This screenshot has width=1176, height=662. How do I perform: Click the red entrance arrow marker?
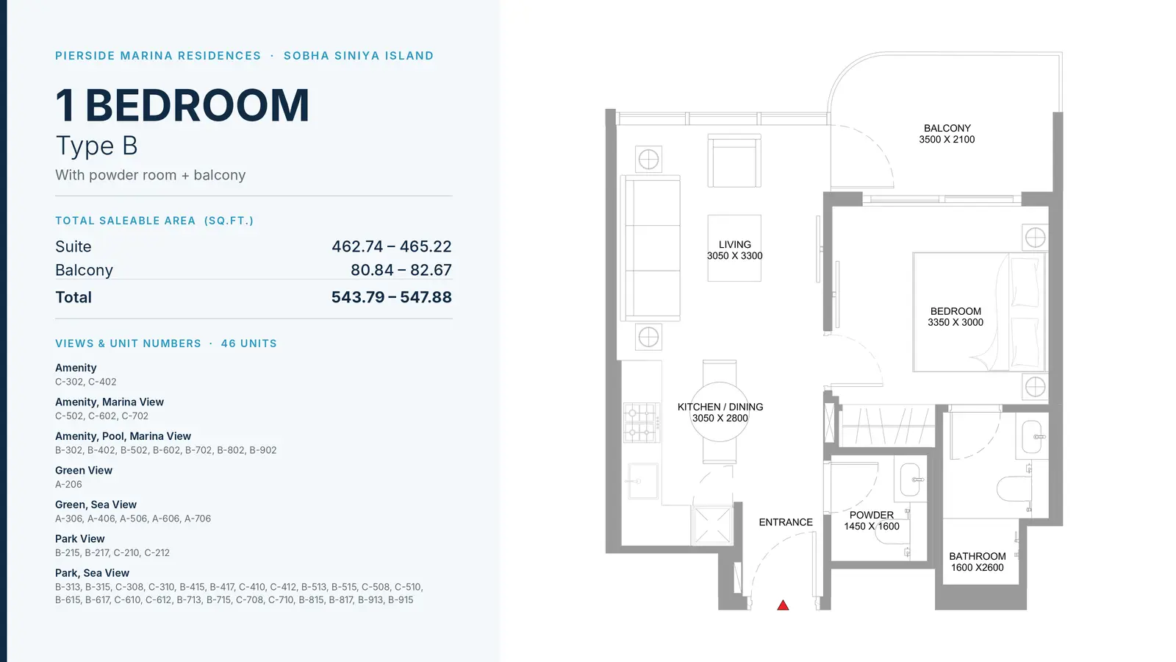(783, 605)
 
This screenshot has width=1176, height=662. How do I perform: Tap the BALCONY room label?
(947, 128)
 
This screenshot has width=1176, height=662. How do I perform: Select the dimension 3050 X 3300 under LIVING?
(734, 256)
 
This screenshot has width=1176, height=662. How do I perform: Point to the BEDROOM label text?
(955, 311)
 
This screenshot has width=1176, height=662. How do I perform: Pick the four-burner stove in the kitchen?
(642, 422)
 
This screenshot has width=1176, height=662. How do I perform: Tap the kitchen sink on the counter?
(642, 481)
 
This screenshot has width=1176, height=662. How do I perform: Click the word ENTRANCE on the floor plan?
(786, 522)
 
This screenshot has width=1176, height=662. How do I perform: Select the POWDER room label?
(872, 516)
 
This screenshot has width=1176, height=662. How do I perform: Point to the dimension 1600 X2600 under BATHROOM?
(977, 567)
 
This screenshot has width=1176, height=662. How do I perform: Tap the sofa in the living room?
(650, 248)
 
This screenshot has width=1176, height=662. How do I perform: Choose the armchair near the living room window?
(734, 160)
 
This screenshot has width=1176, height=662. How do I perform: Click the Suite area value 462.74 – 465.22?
(391, 246)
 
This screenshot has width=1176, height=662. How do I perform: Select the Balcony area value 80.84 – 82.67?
(401, 270)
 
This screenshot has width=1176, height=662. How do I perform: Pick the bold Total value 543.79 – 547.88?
(391, 297)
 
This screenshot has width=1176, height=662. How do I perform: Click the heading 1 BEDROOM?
(182, 105)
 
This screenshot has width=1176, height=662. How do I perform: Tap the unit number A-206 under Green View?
(68, 485)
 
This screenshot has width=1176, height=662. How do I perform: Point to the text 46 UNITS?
(249, 344)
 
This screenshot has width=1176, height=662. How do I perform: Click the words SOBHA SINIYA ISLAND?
(359, 56)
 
